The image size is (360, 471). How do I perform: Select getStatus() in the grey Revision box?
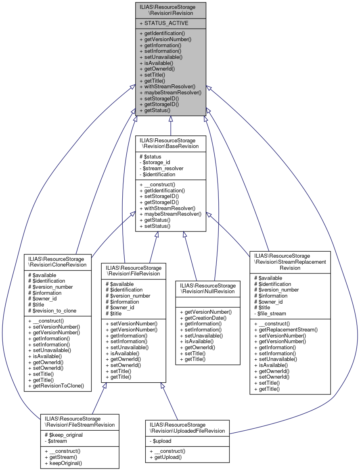pos(155,110)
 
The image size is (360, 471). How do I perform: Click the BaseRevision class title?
pos(170,143)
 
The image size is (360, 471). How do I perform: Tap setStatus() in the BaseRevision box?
pos(155,226)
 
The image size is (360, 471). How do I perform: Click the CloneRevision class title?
pos(57,262)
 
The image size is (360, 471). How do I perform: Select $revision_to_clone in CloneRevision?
pos(52,311)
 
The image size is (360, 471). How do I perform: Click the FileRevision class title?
pos(134,271)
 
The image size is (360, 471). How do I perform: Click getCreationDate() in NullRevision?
pos(203,318)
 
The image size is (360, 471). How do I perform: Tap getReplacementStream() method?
pos(286,329)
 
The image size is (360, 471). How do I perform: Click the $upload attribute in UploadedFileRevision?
pos(160,442)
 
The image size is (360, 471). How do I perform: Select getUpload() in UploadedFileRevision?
pos(165,457)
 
